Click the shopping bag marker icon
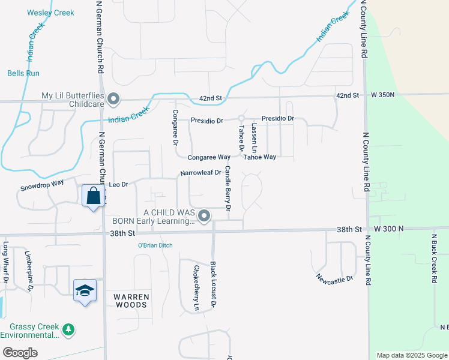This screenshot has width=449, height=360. pyautogui.click(x=93, y=196)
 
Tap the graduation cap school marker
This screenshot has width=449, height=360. pyautogui.click(x=85, y=290)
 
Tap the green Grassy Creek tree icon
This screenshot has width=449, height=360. pyautogui.click(x=69, y=329)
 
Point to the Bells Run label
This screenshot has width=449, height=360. pyautogui.click(x=23, y=74)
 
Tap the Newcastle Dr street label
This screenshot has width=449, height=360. pyautogui.click(x=333, y=278)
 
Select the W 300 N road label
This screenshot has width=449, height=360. pyautogui.click(x=389, y=229)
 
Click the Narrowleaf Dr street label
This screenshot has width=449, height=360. pyautogui.click(x=201, y=173)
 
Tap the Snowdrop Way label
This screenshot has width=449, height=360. pyautogui.click(x=42, y=184)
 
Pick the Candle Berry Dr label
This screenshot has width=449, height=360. pyautogui.click(x=228, y=189)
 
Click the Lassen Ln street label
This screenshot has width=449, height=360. pyautogui.click(x=255, y=137)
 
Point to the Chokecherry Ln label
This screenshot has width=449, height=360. pyautogui.click(x=196, y=288)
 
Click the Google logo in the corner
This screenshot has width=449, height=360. pyautogui.click(x=20, y=353)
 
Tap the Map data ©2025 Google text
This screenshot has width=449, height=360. pyautogui.click(x=412, y=355)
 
